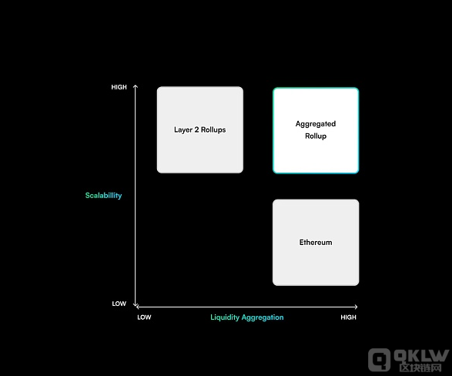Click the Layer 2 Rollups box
click(200, 129)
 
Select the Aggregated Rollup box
click(316, 131)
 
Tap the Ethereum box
click(316, 243)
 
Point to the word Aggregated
click(316, 124)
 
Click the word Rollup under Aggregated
click(316, 136)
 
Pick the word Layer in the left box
click(183, 130)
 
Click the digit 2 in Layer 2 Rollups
click(196, 129)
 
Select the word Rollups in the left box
click(213, 130)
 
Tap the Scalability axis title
click(103, 196)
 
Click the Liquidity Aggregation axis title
click(247, 317)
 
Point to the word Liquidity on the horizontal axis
click(225, 317)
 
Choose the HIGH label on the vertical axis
click(119, 87)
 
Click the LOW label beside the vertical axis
click(119, 304)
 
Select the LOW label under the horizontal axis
click(144, 317)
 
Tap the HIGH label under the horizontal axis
click(349, 317)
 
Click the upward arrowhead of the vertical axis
click(136, 86)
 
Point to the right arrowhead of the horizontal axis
click(357, 307)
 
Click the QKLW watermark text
click(422, 356)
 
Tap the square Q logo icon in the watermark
click(379, 359)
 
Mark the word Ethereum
click(316, 243)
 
